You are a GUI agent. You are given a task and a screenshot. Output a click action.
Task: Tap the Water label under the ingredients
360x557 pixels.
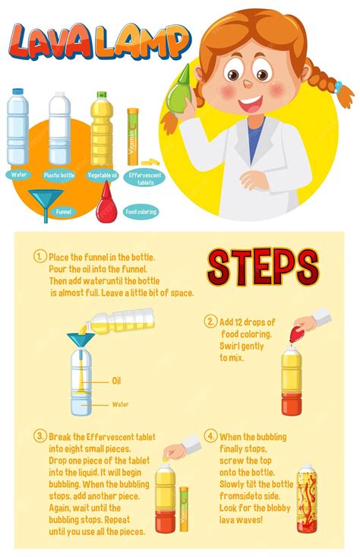(19, 174)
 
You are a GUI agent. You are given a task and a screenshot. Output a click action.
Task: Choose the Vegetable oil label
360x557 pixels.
(102, 175)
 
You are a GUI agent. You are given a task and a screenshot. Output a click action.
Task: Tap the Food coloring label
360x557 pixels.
(141, 211)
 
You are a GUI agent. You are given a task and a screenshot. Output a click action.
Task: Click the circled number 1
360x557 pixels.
(39, 256)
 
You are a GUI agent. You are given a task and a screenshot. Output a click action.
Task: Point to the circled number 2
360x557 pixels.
(210, 321)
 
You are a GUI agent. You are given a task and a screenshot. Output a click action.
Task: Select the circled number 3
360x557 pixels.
(39, 436)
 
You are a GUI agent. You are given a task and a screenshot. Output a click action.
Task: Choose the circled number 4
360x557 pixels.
(210, 436)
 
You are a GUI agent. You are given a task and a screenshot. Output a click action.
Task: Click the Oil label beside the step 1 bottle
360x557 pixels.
(116, 381)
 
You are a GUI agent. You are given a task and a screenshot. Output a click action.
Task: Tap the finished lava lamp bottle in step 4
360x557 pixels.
(306, 498)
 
